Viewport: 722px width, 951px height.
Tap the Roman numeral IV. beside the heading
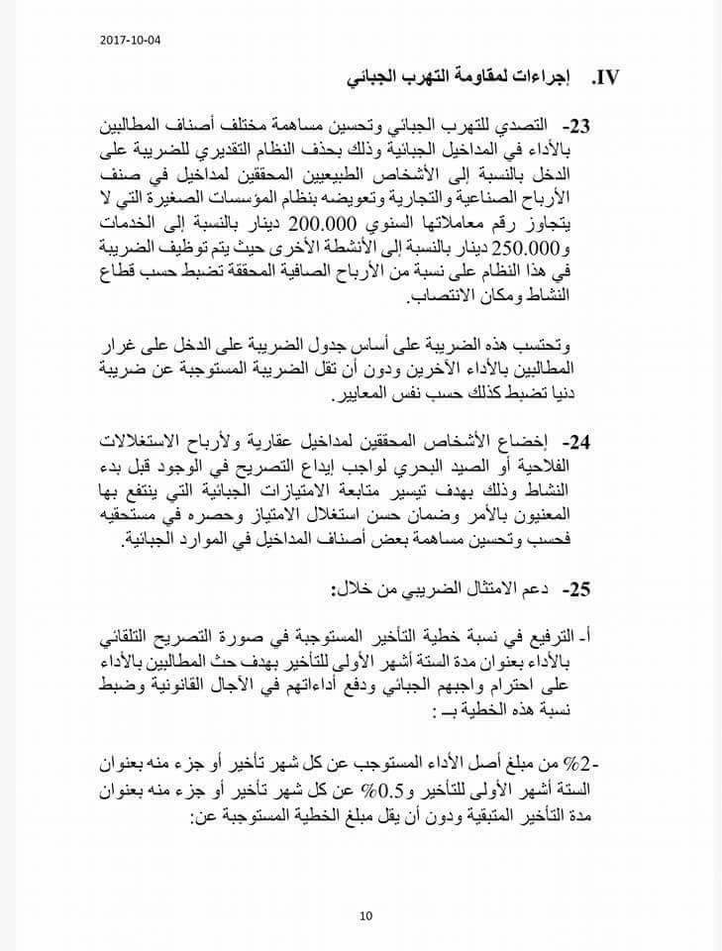[x=605, y=77]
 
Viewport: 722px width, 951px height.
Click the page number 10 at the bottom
[x=365, y=915]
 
